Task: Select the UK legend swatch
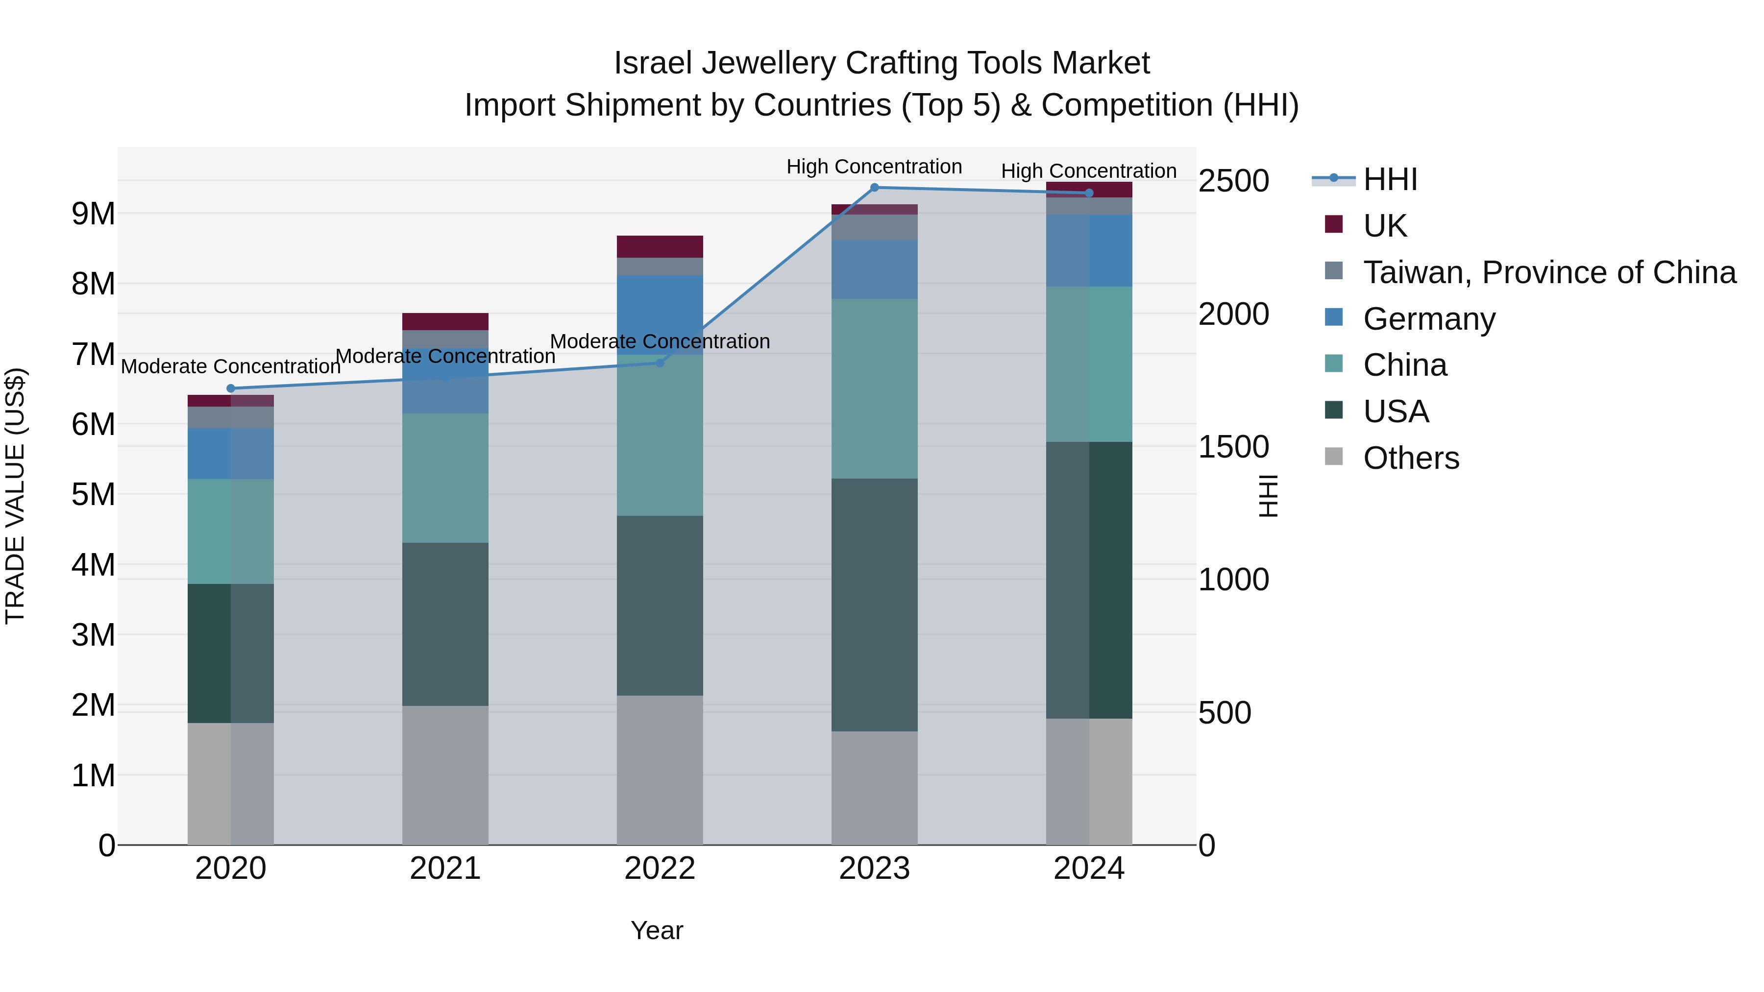tap(1333, 224)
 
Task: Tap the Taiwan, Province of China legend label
tap(1549, 272)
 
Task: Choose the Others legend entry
tap(1411, 458)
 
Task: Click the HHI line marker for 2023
tap(875, 188)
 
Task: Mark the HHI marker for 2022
tap(660, 363)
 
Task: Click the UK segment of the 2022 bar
tap(660, 246)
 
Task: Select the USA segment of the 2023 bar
tap(875, 605)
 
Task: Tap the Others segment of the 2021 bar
tap(445, 775)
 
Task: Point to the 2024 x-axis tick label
tap(1089, 869)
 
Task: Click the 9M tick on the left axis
tap(94, 214)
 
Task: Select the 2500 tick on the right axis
tap(1233, 181)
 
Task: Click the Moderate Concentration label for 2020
tap(231, 366)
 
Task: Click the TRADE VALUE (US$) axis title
tap(15, 496)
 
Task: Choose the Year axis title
tap(657, 930)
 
